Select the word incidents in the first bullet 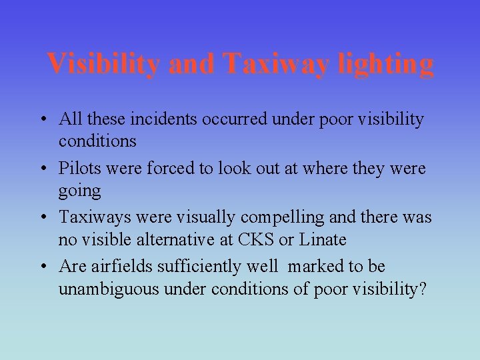pos(147,119)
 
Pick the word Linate pos(323,239)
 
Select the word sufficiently pos(197,267)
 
